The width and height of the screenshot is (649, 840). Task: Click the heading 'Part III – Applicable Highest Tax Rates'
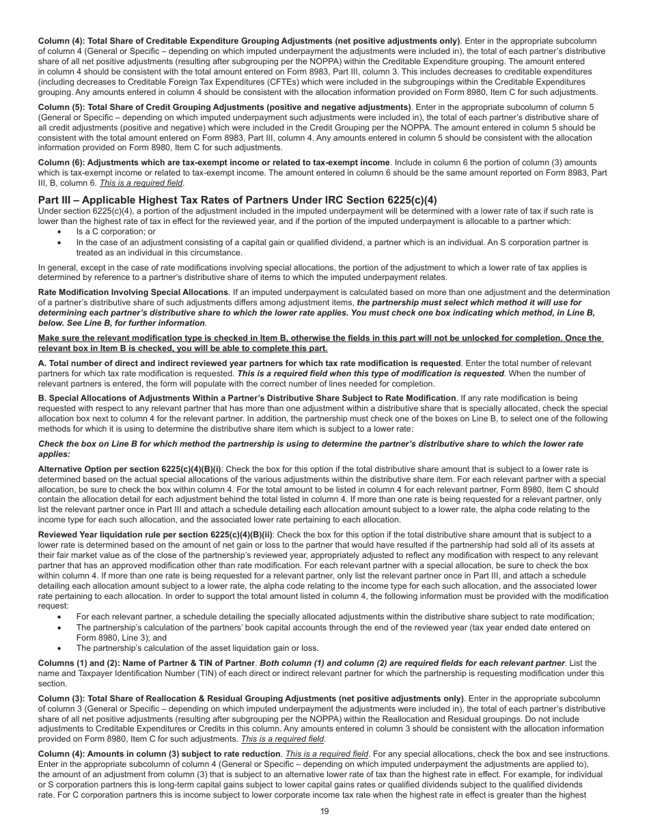[x=237, y=200]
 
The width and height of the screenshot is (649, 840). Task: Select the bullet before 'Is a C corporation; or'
[x=60, y=232]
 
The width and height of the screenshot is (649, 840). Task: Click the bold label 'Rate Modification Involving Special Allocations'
[x=133, y=292]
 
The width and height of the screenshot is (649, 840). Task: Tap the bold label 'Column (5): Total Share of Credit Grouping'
[x=225, y=107]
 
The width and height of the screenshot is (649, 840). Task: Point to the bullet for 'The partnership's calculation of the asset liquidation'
[x=60, y=648]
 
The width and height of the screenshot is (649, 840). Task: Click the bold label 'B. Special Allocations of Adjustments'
[x=247, y=397]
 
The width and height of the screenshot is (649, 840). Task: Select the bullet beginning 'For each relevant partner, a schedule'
[x=60, y=617]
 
